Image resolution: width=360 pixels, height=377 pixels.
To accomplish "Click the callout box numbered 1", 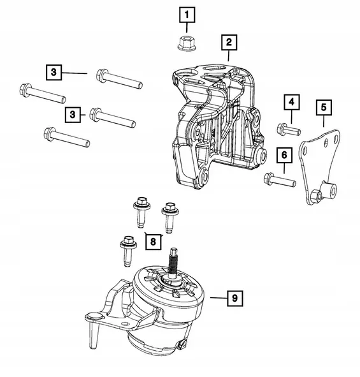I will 187,13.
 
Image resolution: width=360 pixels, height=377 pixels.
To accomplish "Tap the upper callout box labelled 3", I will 54,73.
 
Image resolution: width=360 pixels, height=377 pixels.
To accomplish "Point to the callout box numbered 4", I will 291,102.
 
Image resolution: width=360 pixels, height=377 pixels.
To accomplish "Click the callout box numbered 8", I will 153,240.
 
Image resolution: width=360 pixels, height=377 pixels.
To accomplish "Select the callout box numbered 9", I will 234,297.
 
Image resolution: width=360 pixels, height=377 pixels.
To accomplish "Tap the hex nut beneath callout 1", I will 187,44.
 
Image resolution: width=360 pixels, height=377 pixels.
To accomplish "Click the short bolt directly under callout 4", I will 289,130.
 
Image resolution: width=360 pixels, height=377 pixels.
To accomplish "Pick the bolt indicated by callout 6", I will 279,180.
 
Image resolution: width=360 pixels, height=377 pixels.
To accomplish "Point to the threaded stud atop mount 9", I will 173,264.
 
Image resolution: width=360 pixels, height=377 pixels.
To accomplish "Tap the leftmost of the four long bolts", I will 43,94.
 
